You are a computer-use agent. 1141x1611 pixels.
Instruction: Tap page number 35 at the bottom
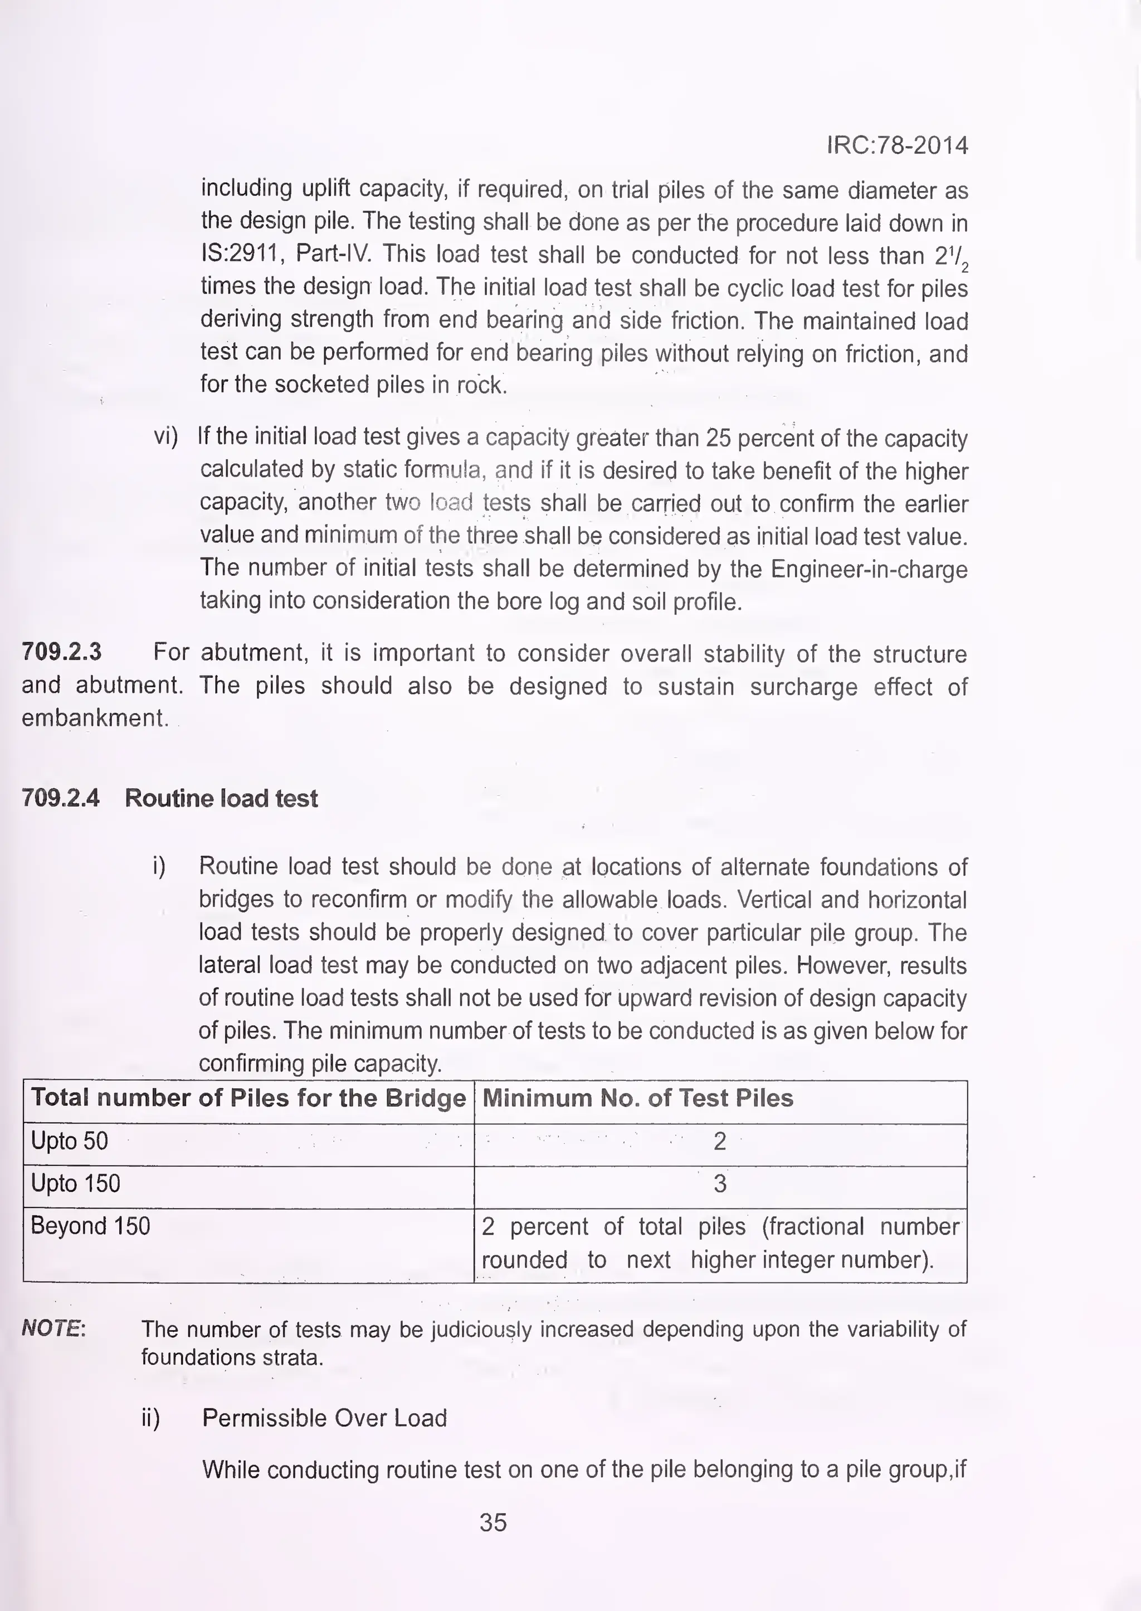(493, 1522)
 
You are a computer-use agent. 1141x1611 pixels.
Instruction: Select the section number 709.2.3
(62, 652)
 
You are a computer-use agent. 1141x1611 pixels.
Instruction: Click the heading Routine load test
(221, 798)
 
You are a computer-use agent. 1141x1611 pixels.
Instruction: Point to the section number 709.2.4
(61, 798)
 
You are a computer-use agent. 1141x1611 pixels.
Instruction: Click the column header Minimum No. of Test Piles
(637, 1098)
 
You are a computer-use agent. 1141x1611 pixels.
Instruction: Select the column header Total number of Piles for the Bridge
(248, 1098)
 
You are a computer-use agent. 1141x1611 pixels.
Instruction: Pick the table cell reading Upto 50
(70, 1141)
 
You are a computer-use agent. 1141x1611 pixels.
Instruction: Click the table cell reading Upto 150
(75, 1183)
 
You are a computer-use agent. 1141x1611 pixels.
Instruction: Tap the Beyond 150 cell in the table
(90, 1226)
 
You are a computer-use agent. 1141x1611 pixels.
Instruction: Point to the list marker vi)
(167, 436)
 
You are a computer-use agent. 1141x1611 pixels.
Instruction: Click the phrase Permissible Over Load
(325, 1418)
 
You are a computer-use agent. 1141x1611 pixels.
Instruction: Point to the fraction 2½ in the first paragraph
(952, 257)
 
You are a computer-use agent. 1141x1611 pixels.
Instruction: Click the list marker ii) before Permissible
(150, 1418)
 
